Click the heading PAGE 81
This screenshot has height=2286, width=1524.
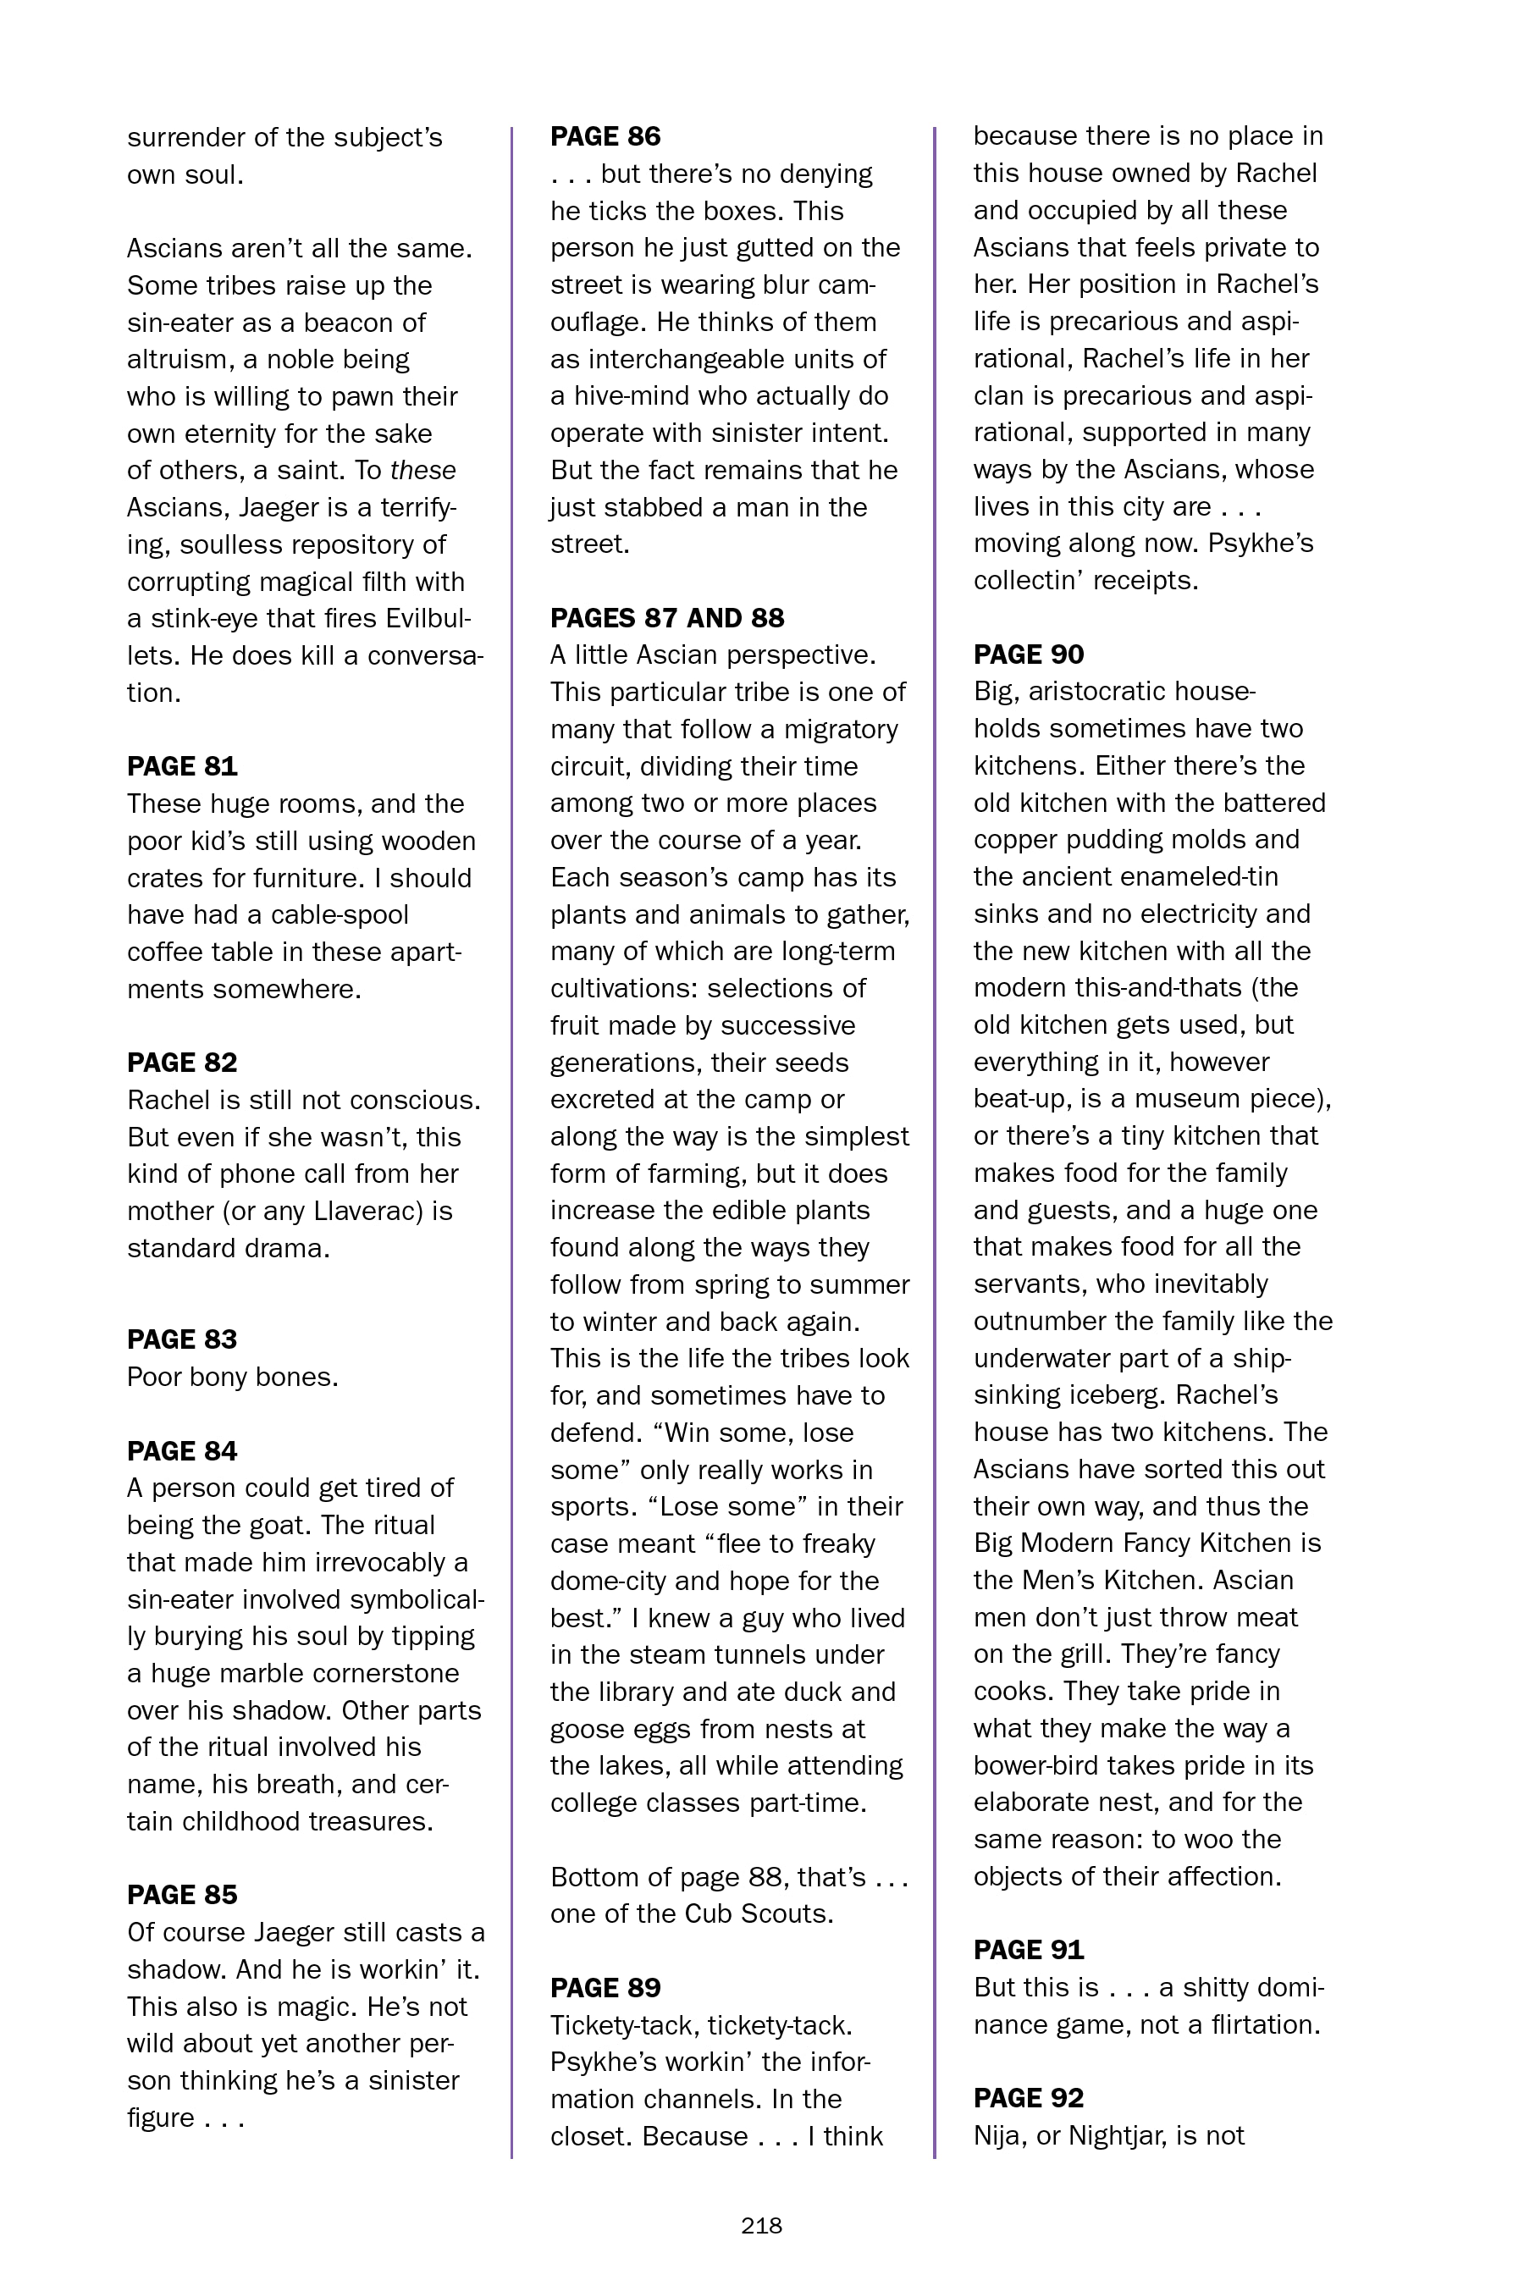(182, 767)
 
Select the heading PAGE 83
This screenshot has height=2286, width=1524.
(182, 1339)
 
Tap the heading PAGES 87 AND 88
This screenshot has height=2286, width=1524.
(667, 618)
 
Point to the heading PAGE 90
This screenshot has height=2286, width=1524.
(1029, 654)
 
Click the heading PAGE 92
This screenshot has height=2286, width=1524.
(1029, 2097)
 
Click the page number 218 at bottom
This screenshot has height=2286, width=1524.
(761, 2226)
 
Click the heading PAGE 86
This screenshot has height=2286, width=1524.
(605, 136)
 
